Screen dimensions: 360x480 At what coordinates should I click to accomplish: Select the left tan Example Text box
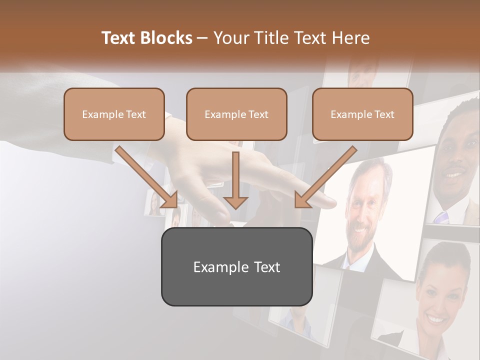click(114, 114)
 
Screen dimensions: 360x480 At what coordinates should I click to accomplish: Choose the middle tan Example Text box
click(236, 114)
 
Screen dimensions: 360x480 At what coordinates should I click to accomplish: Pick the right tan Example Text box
click(362, 114)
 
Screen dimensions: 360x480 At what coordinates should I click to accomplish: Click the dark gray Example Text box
click(236, 266)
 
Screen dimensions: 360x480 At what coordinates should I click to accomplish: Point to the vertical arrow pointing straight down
click(235, 180)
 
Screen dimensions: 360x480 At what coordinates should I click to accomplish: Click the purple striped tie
click(441, 217)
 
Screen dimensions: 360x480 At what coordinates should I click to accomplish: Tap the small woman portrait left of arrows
click(154, 202)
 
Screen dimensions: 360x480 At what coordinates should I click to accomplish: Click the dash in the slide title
click(203, 38)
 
